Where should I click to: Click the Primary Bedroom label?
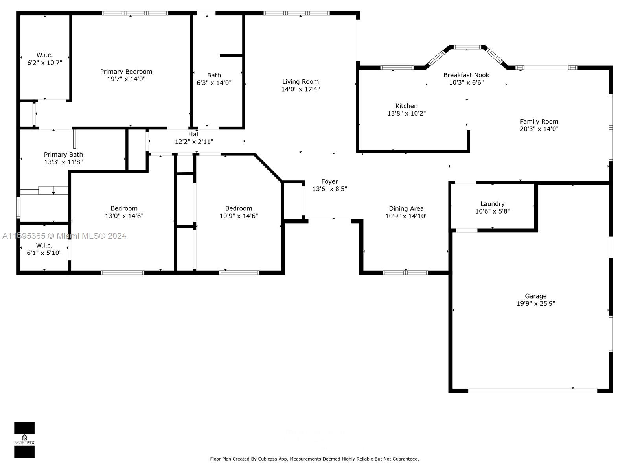click(126, 72)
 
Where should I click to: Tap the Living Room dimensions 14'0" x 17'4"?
click(300, 89)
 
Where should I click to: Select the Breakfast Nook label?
click(466, 75)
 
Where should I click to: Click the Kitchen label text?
click(406, 106)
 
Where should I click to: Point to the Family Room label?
click(539, 122)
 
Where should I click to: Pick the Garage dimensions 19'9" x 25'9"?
click(535, 304)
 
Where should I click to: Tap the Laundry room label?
click(492, 204)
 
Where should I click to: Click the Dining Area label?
click(406, 208)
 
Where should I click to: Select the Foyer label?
click(329, 181)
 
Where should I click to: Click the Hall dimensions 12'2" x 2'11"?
click(194, 142)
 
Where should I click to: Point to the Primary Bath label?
click(63, 155)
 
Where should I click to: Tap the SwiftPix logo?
click(24, 440)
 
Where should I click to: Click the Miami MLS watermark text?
click(64, 236)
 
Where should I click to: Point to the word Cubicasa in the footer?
click(268, 459)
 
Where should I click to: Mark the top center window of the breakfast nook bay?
click(467, 47)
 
